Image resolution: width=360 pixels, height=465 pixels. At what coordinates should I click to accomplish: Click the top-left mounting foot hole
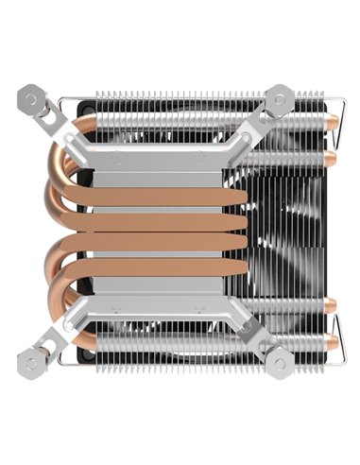30,97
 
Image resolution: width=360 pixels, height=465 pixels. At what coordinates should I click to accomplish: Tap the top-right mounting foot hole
281,98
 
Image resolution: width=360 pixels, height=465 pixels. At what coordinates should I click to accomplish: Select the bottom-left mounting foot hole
30,359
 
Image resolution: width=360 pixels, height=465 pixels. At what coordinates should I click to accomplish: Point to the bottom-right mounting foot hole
281,359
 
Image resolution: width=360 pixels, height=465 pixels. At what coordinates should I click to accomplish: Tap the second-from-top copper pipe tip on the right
333,153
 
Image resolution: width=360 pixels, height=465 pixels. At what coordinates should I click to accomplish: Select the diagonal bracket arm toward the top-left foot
52,119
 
